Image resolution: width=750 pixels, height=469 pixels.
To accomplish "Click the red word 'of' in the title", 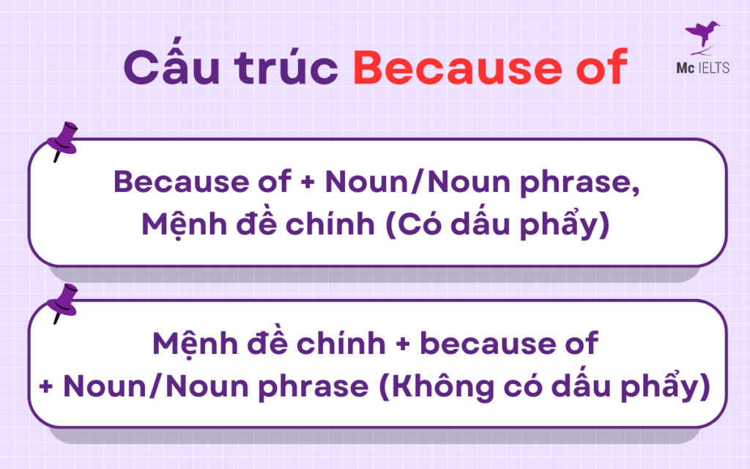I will (x=600, y=67).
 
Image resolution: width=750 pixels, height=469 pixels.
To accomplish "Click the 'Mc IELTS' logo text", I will (x=702, y=68).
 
